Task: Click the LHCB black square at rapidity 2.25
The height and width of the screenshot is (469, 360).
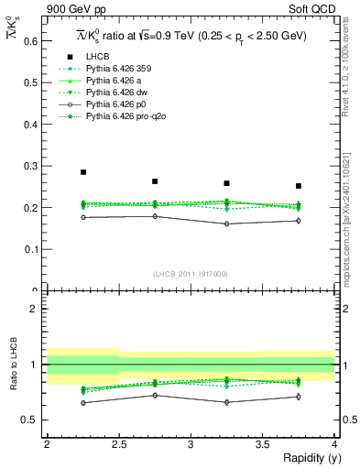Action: [x=83, y=172]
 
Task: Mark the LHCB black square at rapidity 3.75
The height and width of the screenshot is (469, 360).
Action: [x=299, y=186]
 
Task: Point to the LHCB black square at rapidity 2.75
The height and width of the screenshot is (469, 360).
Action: [x=155, y=181]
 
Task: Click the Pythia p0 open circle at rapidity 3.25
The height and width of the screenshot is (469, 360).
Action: [x=226, y=224]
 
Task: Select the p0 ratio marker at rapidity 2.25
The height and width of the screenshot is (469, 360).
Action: [x=83, y=403]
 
